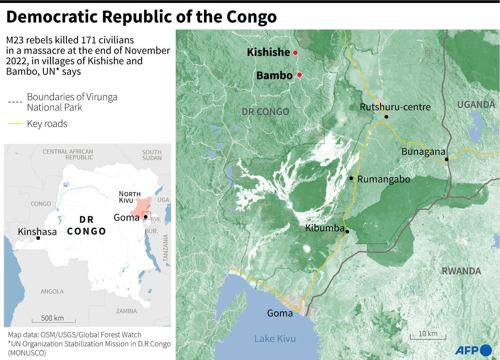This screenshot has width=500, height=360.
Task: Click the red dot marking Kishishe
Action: [295, 53]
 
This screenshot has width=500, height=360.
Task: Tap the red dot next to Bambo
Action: [299, 75]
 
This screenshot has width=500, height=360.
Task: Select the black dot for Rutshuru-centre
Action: [386, 117]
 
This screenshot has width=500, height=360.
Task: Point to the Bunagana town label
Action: [423, 152]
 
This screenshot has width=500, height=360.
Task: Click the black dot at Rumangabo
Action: [351, 178]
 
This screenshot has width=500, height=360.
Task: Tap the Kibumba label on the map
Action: [325, 228]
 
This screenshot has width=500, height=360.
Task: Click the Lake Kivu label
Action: [275, 339]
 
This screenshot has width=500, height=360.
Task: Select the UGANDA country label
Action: [476, 105]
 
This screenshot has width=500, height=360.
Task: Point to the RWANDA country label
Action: [461, 271]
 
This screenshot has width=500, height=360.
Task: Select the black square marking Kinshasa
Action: [38, 238]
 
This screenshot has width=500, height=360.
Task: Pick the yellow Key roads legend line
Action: [15, 124]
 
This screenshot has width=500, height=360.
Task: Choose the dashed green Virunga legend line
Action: [15, 102]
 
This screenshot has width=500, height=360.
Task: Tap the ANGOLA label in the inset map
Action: [52, 292]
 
